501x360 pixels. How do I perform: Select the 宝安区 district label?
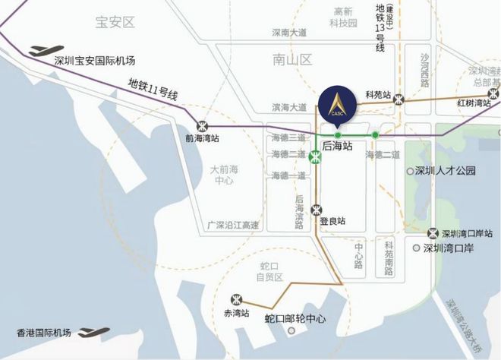[x=115, y=22]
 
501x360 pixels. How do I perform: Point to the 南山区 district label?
[x=293, y=58]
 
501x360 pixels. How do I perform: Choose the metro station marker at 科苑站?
[x=399, y=99]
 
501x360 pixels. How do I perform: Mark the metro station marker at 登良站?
[x=316, y=210]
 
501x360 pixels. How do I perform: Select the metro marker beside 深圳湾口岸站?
[x=433, y=233]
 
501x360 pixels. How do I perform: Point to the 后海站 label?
[x=338, y=144]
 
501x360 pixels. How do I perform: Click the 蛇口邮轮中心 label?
[x=295, y=319]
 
